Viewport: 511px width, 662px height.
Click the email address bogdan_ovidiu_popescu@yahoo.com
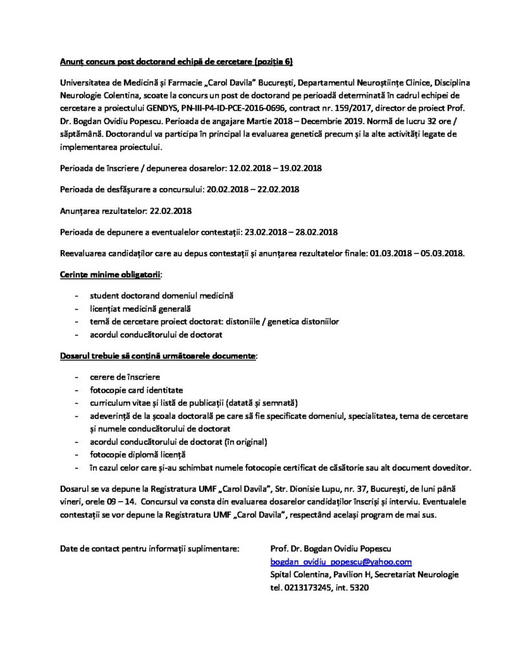coord(340,562)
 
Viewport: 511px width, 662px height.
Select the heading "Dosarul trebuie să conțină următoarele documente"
coord(158,356)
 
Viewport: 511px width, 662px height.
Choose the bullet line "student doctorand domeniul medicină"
coord(162,295)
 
